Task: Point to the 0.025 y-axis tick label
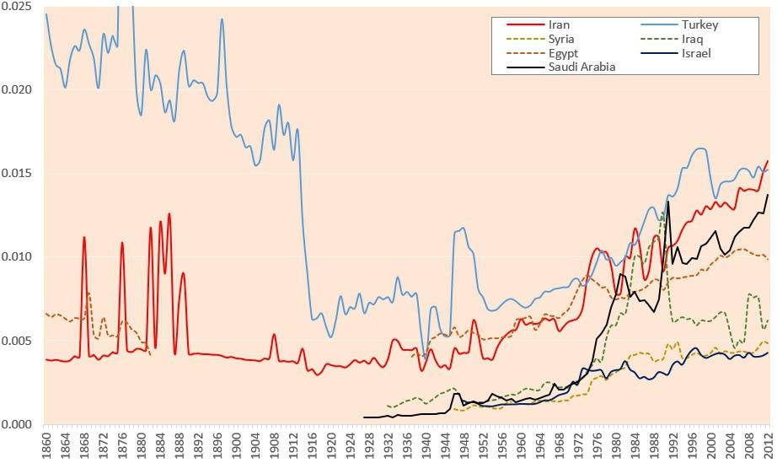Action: pyautogui.click(x=17, y=7)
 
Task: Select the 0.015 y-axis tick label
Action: pyautogui.click(x=17, y=174)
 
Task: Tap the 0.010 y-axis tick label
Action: pyautogui.click(x=17, y=257)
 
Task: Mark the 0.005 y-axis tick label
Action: pyautogui.click(x=17, y=341)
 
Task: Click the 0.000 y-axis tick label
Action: pyautogui.click(x=17, y=424)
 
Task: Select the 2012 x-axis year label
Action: pyautogui.click(x=768, y=444)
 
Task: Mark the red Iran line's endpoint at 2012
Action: pyautogui.click(x=768, y=161)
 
